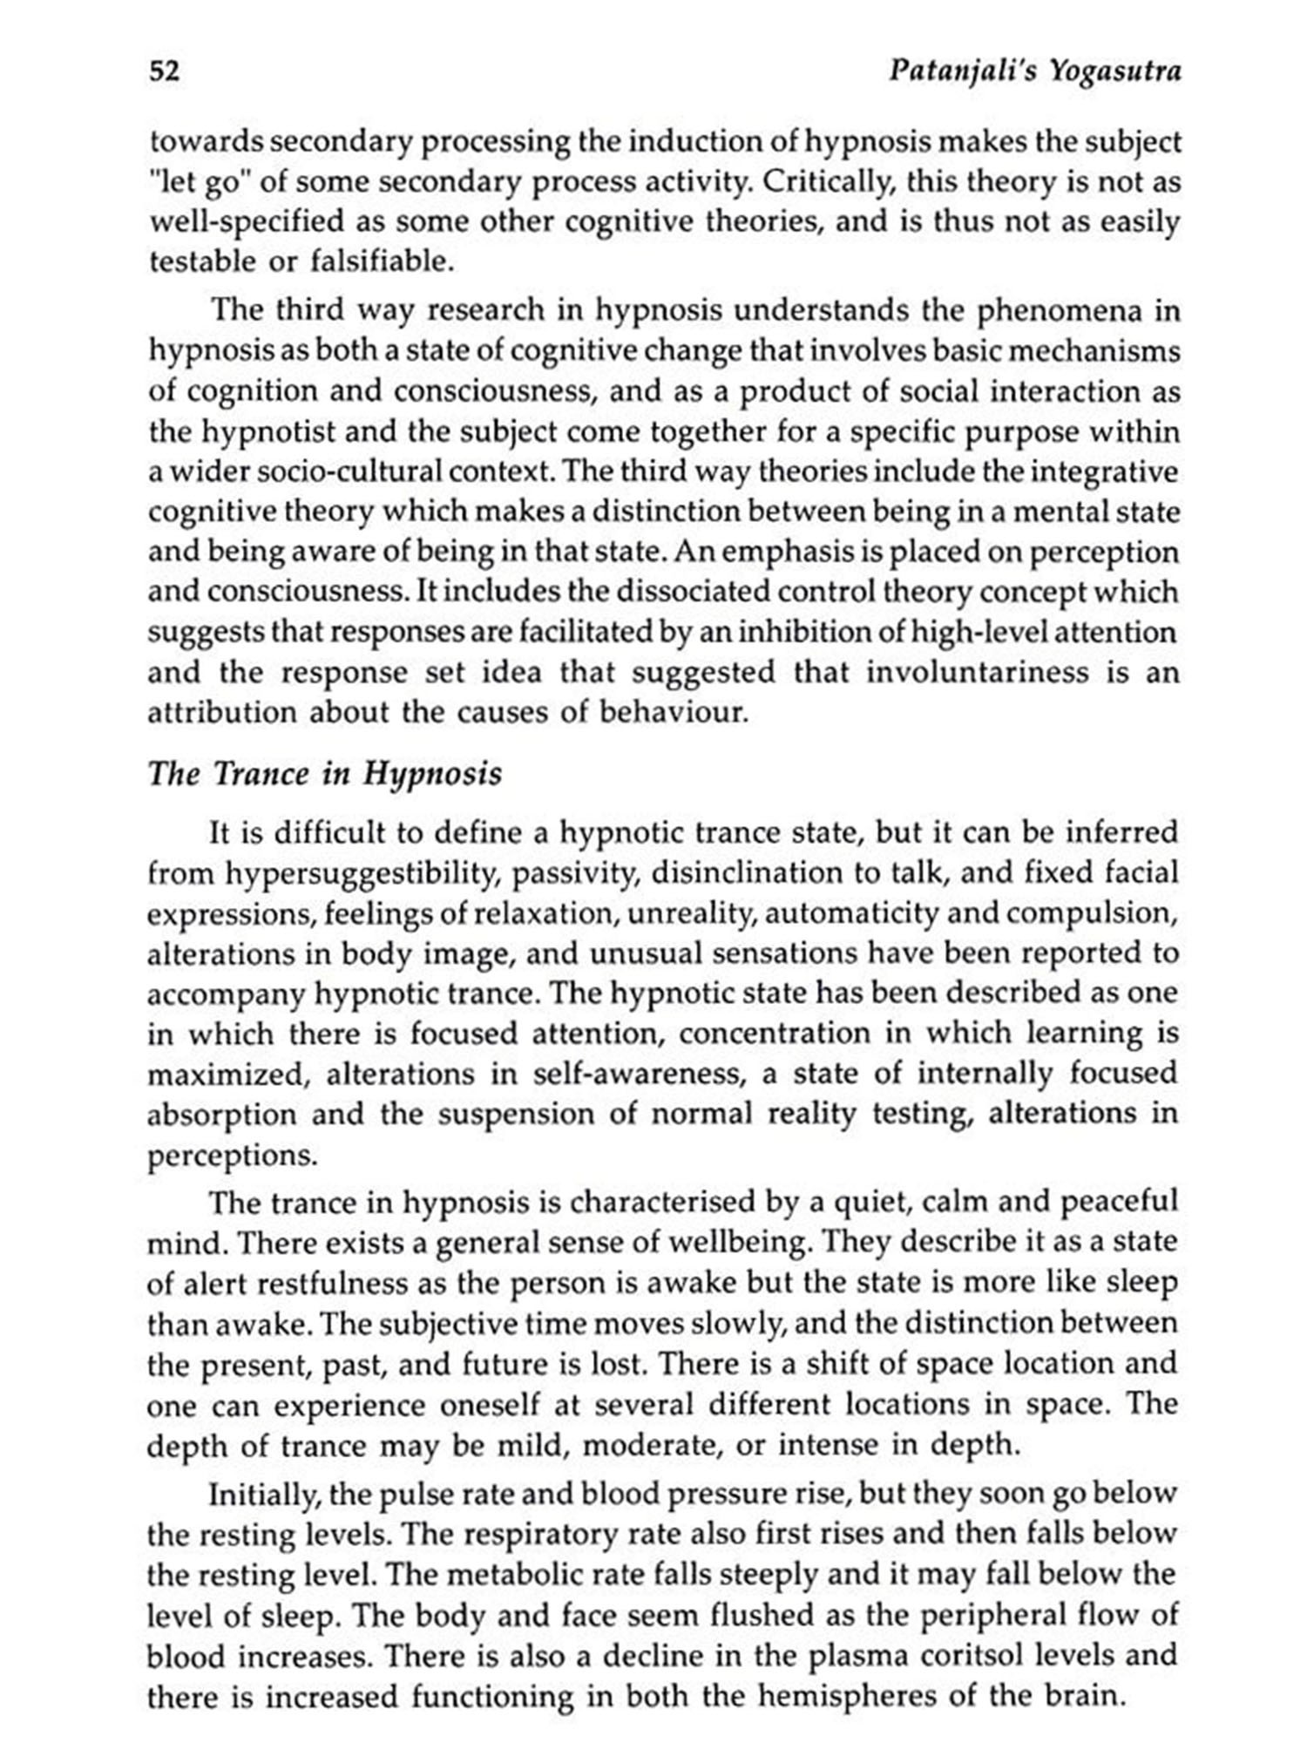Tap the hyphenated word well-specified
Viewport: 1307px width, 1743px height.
pos(247,222)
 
